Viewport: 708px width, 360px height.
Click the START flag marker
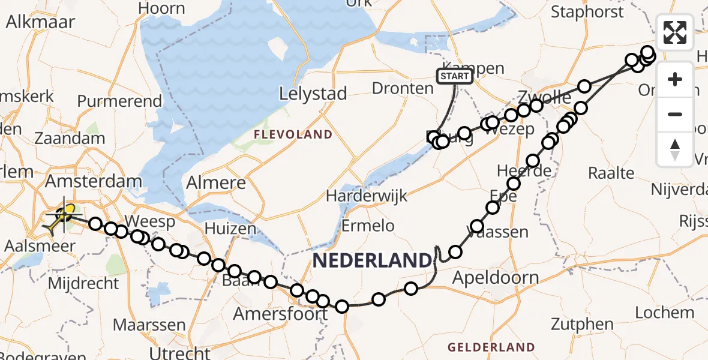coord(455,76)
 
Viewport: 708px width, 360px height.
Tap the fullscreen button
coord(675,32)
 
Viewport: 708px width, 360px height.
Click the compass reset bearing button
coord(675,149)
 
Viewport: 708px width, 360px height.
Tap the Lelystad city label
coord(313,94)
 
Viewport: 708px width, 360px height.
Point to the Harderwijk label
coord(367,196)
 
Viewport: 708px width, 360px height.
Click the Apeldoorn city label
coord(496,278)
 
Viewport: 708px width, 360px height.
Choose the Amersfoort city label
coord(281,314)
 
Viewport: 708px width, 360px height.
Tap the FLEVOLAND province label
coord(293,134)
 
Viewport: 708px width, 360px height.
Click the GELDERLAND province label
coord(491,347)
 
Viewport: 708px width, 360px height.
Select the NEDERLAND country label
coord(372,260)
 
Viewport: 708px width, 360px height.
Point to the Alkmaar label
coord(40,22)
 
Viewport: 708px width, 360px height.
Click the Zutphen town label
coord(581,325)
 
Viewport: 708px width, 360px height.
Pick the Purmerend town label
coord(119,101)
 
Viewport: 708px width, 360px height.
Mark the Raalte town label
coord(611,173)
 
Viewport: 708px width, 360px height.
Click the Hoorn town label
coord(161,8)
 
